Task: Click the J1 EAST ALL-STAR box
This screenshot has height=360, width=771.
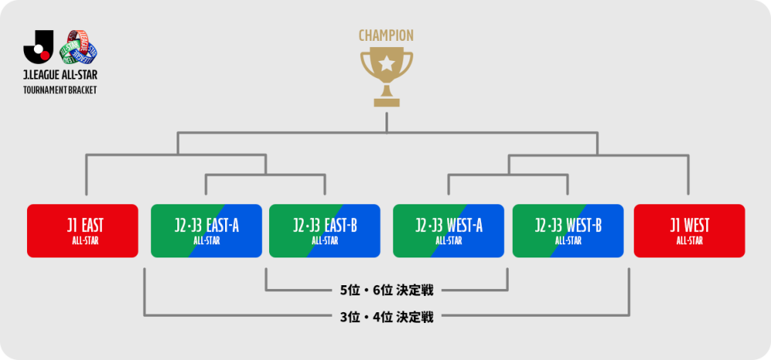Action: (82, 230)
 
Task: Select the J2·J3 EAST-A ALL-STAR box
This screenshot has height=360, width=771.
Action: (206, 230)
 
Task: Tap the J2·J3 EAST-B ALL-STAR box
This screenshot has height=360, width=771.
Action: (325, 230)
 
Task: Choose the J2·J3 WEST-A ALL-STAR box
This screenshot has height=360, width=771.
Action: (448, 230)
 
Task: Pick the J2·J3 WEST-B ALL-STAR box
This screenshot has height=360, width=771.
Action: (567, 230)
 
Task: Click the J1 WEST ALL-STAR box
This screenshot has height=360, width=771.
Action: (689, 230)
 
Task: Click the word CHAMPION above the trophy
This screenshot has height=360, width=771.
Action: (386, 35)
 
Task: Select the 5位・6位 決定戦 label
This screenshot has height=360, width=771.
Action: (386, 291)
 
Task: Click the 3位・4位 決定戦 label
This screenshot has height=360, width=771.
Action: (386, 315)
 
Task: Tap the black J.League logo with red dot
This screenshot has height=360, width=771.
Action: (39, 47)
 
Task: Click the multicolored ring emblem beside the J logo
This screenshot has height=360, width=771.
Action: (79, 47)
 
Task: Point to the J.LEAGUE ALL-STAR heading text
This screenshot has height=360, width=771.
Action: (60, 76)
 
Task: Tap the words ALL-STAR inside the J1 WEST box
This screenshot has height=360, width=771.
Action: (689, 241)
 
